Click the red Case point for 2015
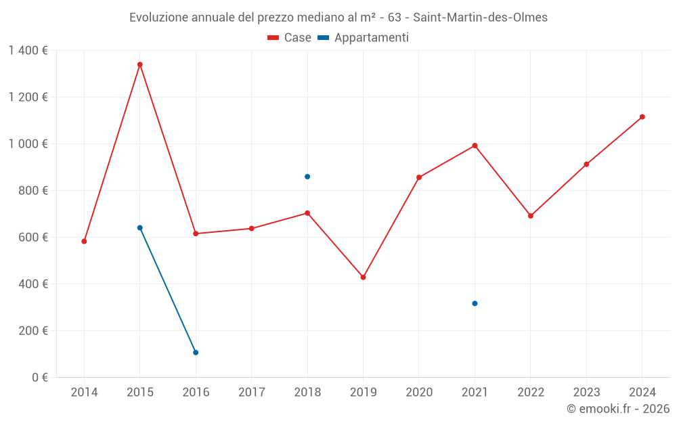pyautogui.click(x=140, y=64)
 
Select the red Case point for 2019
pyautogui.click(x=363, y=277)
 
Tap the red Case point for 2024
pyautogui.click(x=642, y=117)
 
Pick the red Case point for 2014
pyautogui.click(x=84, y=241)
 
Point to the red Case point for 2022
pyautogui.click(x=530, y=216)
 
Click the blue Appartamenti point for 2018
pyautogui.click(x=307, y=177)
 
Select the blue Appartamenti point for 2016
pyautogui.click(x=196, y=353)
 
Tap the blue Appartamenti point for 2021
pyautogui.click(x=475, y=303)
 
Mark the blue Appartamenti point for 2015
pyautogui.click(x=140, y=228)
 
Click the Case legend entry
pyautogui.click(x=290, y=38)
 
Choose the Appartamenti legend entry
pyautogui.click(x=364, y=38)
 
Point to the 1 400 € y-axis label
pyautogui.click(x=28, y=50)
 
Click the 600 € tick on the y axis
pyautogui.click(x=33, y=237)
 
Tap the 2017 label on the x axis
pyautogui.click(x=251, y=393)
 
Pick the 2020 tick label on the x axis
pyautogui.click(x=419, y=393)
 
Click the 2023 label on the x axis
pyautogui.click(x=586, y=393)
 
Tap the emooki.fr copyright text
pyautogui.click(x=618, y=409)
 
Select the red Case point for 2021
pyautogui.click(x=475, y=146)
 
